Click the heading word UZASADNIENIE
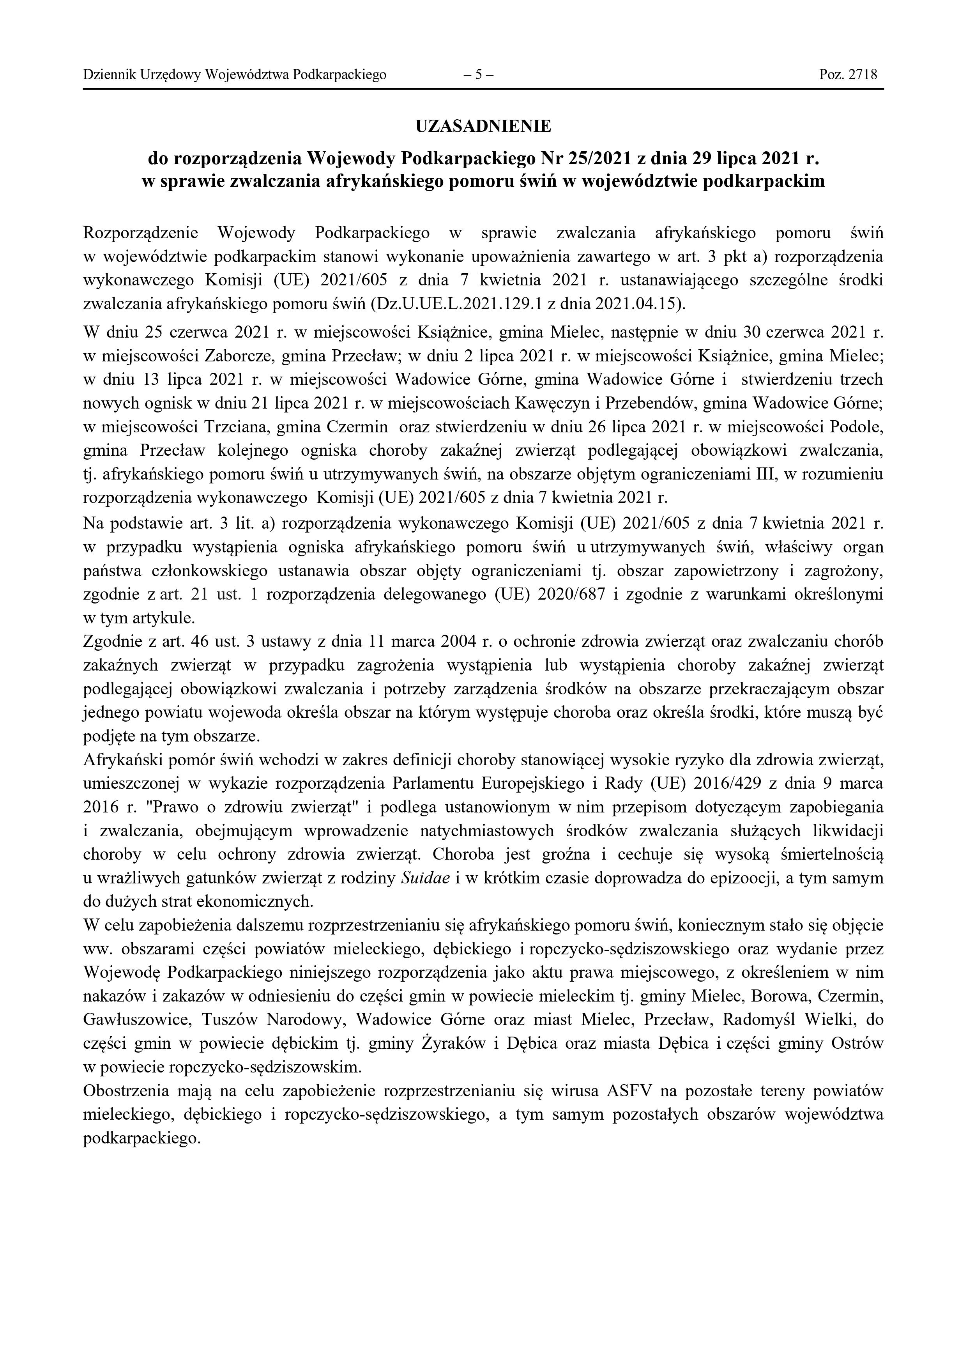coord(483,126)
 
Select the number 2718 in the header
coord(864,75)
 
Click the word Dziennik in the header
coord(103,75)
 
